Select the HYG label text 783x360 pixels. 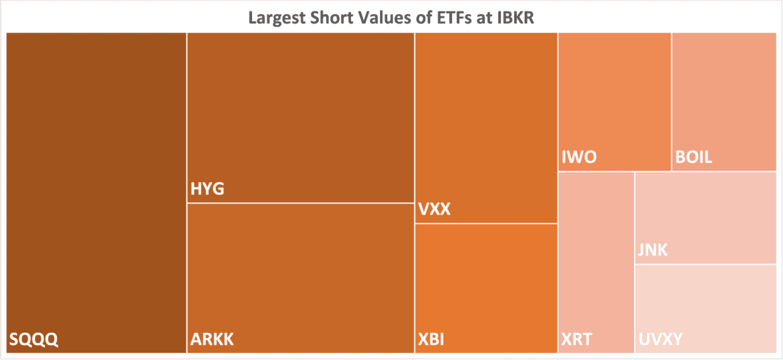[208, 189]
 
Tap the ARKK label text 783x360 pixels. [212, 339]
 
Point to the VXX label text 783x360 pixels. [434, 210]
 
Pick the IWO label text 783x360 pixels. [578, 157]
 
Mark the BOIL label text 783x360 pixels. [693, 157]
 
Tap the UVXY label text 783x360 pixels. [661, 339]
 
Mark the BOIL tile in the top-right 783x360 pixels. [723, 92]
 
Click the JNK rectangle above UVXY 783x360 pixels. [705, 213]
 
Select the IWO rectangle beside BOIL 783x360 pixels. [614, 92]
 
